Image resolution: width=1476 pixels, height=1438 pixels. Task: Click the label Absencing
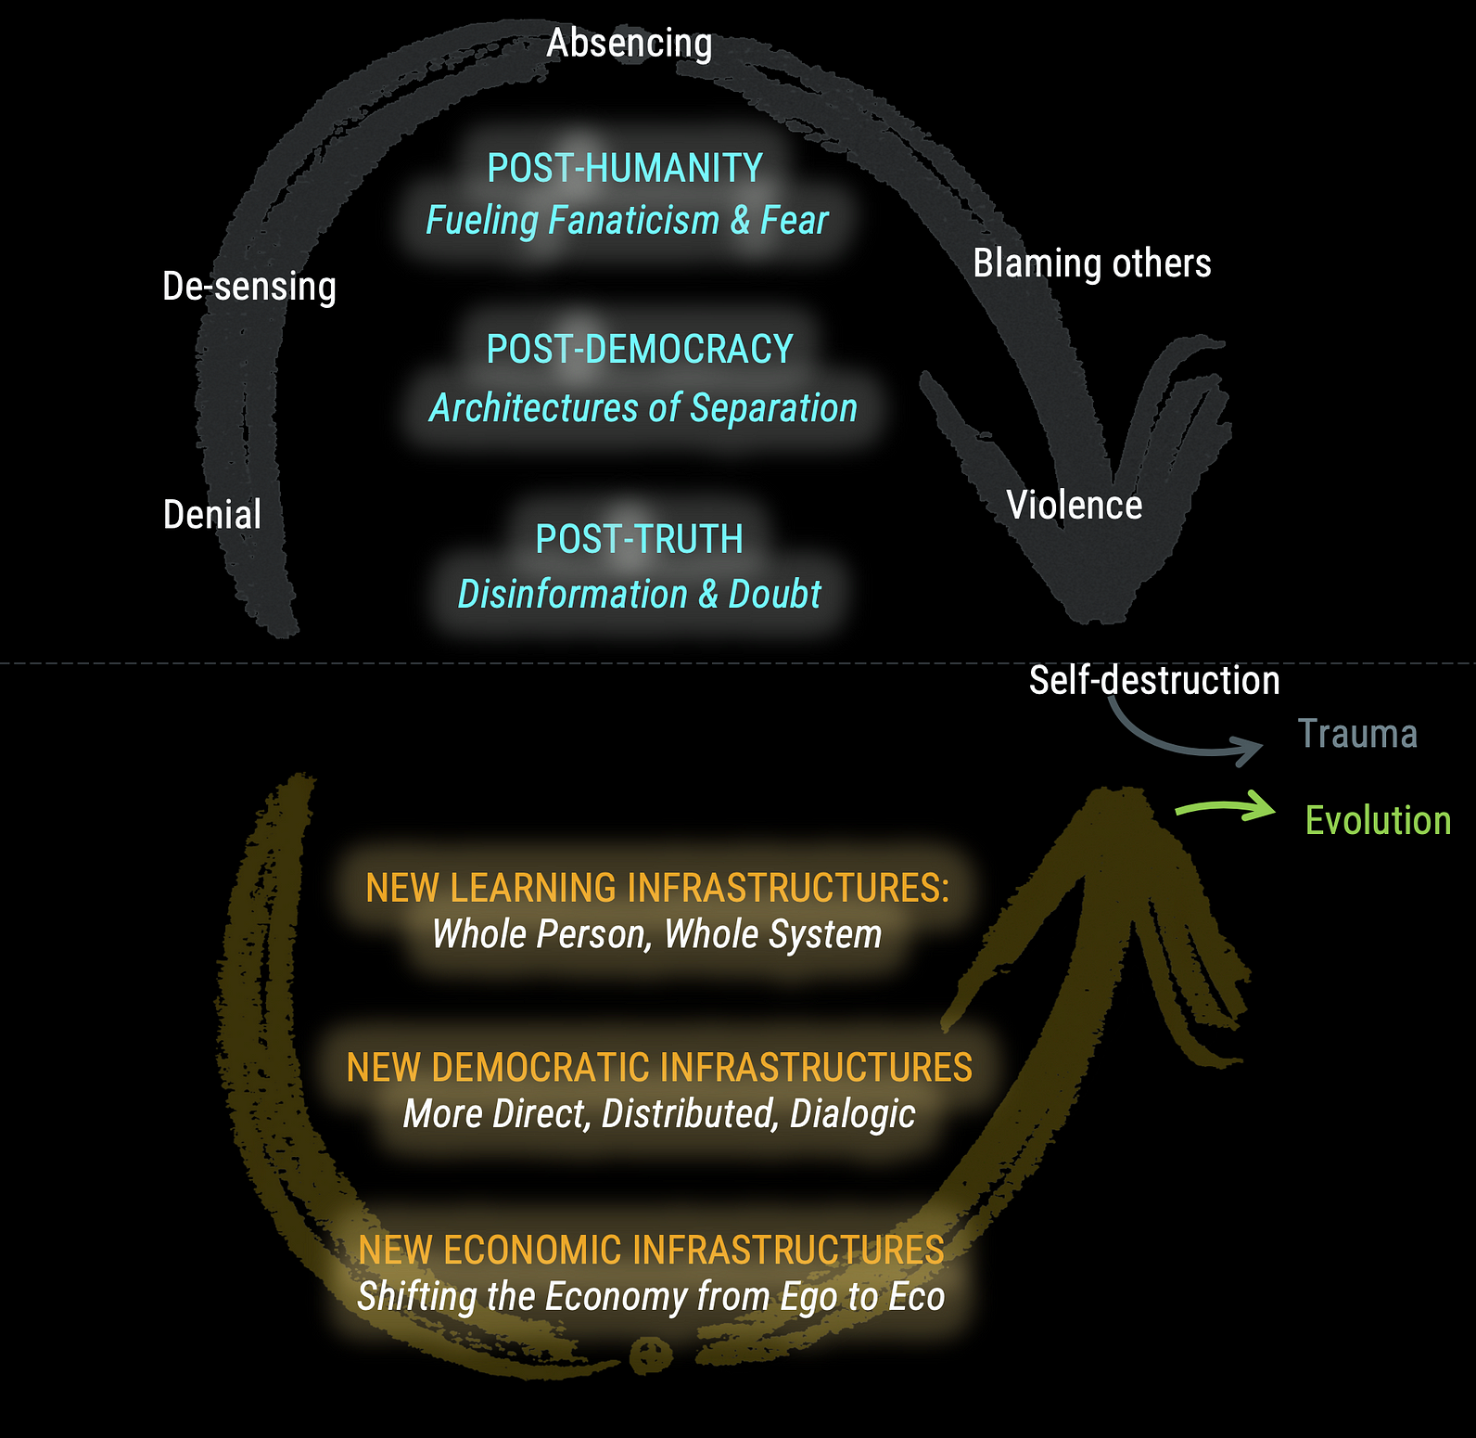630,44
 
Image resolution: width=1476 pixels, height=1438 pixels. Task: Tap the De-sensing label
248,287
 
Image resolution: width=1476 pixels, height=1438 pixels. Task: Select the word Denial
212,515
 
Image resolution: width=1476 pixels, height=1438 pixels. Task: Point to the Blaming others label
1091,263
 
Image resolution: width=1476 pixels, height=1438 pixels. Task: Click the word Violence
1074,506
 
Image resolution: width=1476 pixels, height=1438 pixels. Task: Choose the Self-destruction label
1153,680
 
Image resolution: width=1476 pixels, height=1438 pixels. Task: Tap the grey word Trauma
1357,734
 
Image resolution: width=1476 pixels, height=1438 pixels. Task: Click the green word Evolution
1378,821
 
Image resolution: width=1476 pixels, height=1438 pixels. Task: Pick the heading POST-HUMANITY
625,168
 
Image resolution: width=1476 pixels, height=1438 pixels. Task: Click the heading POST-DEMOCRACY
640,350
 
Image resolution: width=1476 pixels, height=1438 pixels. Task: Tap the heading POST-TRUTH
639,539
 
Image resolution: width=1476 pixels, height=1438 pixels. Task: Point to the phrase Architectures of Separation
643,408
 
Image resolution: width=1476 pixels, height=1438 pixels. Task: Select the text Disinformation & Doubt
639,595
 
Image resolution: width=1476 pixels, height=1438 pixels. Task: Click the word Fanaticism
633,221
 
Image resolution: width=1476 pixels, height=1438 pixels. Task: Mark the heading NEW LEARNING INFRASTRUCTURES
656,888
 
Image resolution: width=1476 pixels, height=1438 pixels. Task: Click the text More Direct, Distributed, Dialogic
659,1114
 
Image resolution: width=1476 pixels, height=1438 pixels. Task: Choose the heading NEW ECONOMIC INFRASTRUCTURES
651,1250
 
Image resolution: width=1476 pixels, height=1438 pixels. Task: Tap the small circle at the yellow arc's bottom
651,1354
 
